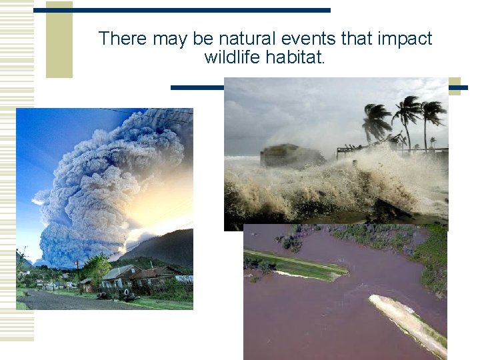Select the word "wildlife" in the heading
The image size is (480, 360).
(x=232, y=57)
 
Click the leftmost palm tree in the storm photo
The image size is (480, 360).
(x=375, y=123)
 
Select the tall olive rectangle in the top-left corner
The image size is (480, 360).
(x=59, y=40)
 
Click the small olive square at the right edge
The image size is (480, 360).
(x=454, y=87)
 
